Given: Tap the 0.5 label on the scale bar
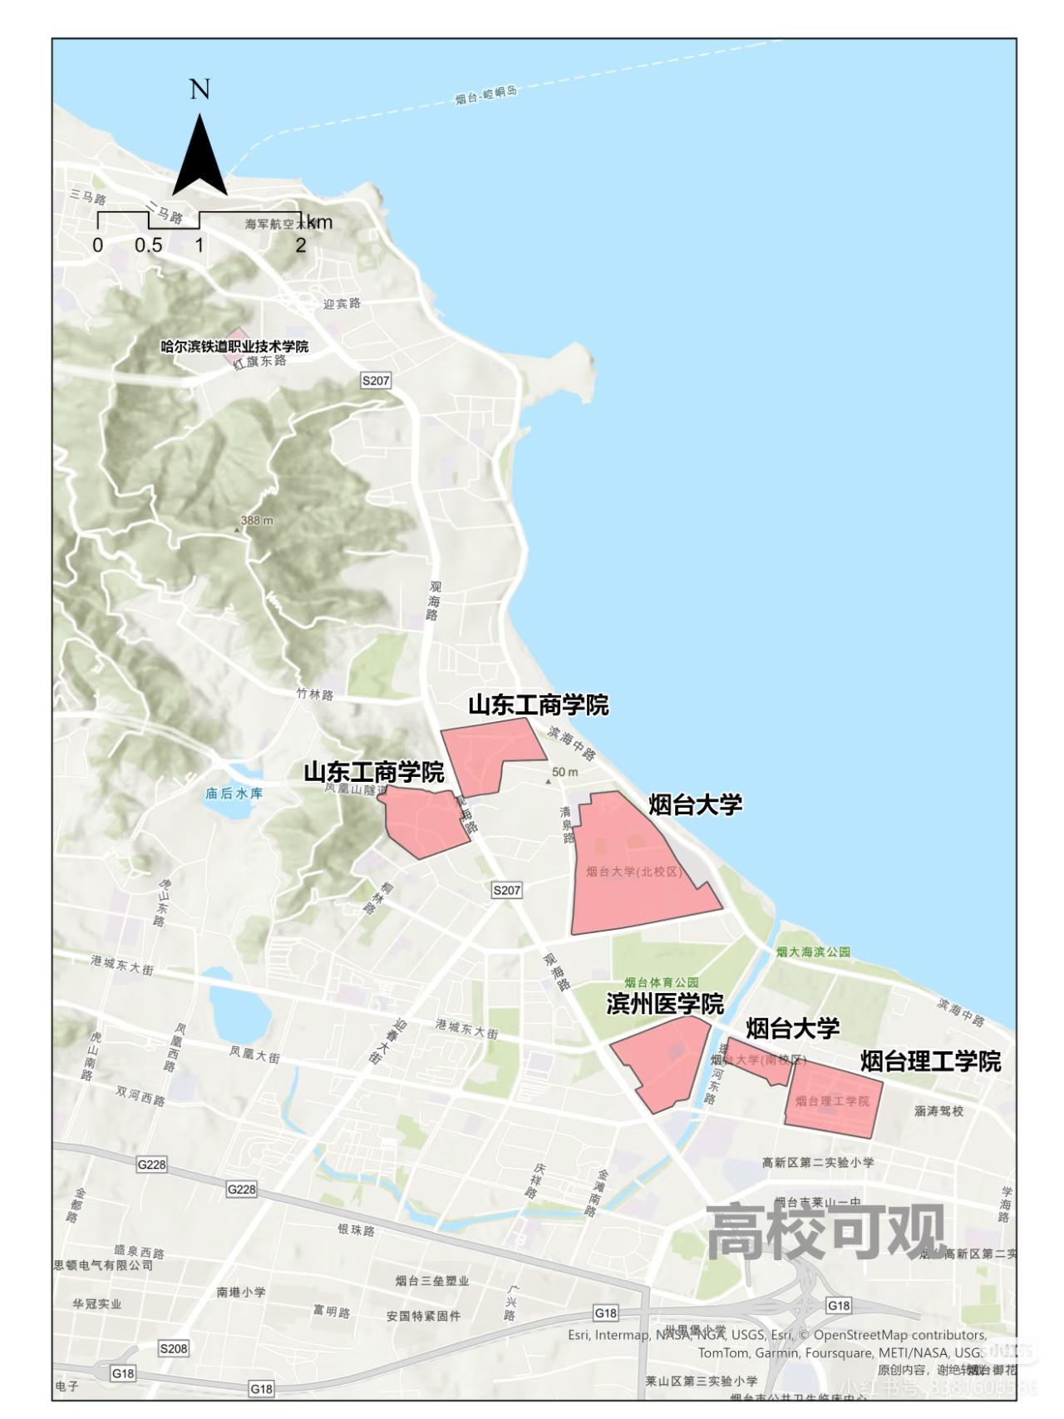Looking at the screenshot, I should click(148, 245).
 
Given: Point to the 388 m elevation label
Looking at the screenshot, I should click(256, 521).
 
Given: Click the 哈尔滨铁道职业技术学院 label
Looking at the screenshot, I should click(234, 346).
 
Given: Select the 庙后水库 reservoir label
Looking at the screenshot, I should click(234, 793).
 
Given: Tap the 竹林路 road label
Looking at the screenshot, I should click(315, 694).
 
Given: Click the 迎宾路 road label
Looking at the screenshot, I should click(342, 303).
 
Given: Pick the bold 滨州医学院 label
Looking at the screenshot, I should click(665, 1004).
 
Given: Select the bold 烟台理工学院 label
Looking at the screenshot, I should click(930, 1061).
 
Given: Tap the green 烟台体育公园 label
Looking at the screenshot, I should click(662, 982).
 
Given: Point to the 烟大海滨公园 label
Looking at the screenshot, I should click(813, 952).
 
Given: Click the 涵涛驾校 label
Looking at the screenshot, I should click(939, 1110).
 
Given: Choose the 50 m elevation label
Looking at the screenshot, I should click(565, 772).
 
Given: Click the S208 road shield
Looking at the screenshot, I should click(174, 1348).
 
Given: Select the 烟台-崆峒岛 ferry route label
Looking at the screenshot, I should click(486, 95).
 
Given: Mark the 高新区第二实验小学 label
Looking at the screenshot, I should click(818, 1162).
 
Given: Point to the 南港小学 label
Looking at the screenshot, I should click(241, 1292).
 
